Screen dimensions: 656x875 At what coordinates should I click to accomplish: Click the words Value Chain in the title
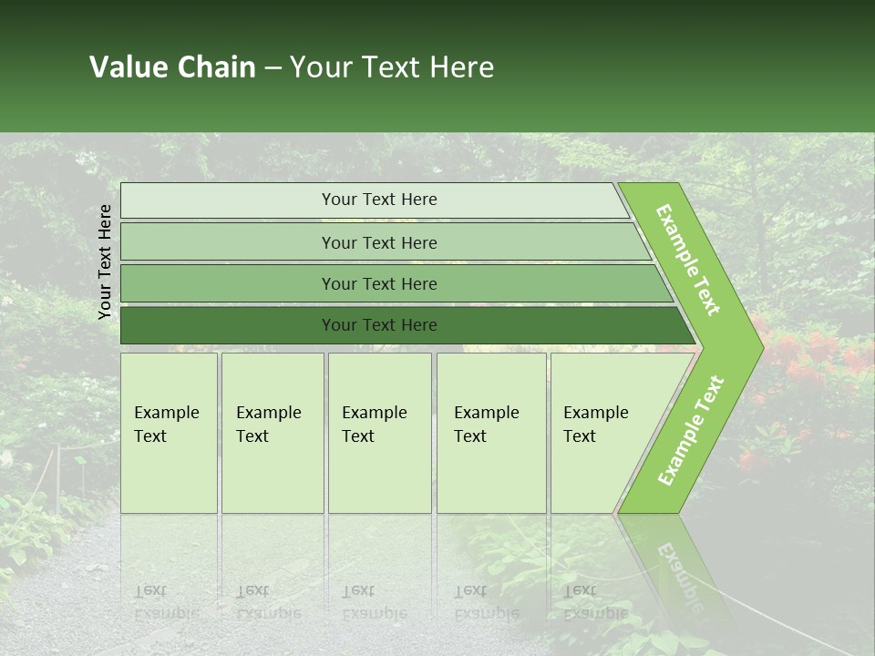(172, 67)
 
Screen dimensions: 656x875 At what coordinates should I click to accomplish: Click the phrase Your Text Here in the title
(392, 67)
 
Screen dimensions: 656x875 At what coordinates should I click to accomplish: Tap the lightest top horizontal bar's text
(379, 200)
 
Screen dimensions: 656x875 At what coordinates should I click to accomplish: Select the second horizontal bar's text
(379, 243)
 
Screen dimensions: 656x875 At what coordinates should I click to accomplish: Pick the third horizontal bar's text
(379, 284)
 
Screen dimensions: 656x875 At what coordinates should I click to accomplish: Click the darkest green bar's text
(379, 325)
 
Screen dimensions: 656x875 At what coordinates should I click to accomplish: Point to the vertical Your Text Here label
(105, 261)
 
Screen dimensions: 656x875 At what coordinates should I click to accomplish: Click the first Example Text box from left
(167, 425)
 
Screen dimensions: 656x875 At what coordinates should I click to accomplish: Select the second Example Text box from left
(269, 425)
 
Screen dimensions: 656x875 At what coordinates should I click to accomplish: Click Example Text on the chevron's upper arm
(688, 260)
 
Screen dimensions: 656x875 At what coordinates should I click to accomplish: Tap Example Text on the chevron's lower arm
(691, 430)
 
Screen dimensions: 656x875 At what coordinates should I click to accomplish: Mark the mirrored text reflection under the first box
(167, 602)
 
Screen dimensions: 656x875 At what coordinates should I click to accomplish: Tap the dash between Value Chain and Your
(273, 68)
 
